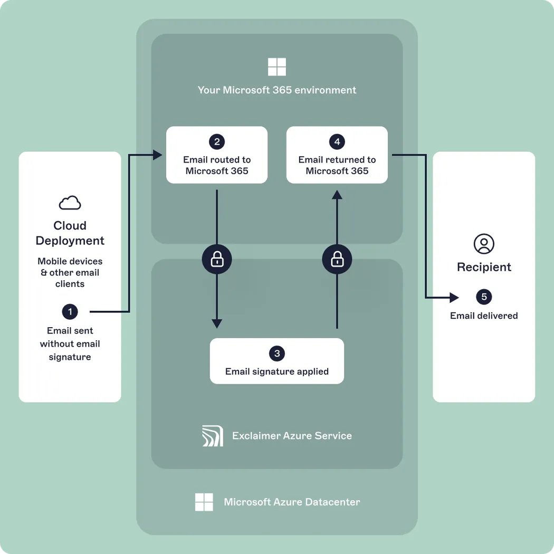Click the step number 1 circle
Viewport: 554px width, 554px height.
pos(70,312)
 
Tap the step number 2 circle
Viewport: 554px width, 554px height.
pos(216,141)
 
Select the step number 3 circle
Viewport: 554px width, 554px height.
pos(276,354)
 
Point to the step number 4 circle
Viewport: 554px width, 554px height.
pos(337,141)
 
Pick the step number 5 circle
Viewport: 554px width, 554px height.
pos(484,297)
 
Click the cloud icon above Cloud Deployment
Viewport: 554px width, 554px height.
pos(70,203)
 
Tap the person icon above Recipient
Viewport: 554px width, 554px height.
pos(484,244)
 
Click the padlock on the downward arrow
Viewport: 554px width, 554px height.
pos(217,259)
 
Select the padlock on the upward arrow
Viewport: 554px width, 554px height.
pos(337,259)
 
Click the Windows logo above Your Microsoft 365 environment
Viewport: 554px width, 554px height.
pos(276,67)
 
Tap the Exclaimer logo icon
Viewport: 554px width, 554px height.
pos(213,436)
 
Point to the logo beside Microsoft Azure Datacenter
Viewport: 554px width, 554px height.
pos(204,502)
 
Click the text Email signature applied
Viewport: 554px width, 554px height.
pos(276,371)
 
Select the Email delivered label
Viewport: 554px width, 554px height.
pos(484,316)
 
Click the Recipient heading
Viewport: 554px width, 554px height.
pos(484,267)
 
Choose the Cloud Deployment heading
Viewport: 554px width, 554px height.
pos(70,233)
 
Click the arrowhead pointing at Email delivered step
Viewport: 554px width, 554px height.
pos(454,298)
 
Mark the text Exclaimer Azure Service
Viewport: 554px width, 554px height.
pos(292,436)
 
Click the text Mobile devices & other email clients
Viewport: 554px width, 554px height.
pos(70,272)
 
